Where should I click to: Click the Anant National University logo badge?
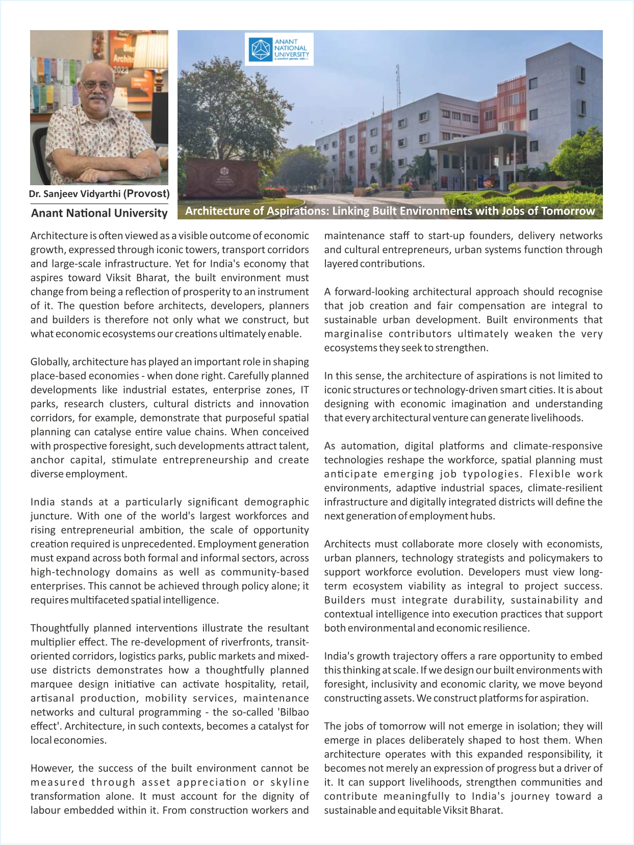tap(279, 49)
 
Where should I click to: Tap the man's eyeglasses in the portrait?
tap(97, 85)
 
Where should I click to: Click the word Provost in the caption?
tap(148, 193)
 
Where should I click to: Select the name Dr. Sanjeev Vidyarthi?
tap(74, 194)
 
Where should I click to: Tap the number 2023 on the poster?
tap(121, 69)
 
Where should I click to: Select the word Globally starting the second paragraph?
tap(50, 362)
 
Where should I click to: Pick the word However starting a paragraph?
tap(51, 768)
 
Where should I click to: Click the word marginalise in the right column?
tap(353, 334)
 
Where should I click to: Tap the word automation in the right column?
tap(368, 445)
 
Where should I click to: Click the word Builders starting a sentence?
tap(345, 600)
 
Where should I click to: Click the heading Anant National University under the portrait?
tap(99, 213)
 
